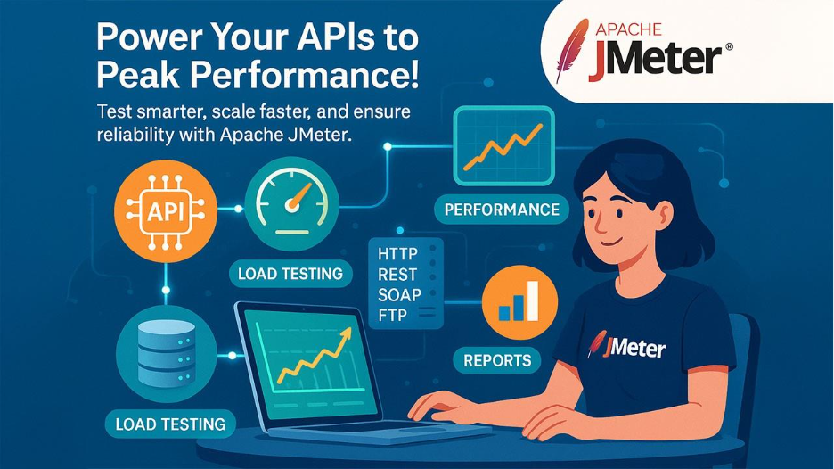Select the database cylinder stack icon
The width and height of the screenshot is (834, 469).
pyautogui.click(x=165, y=350)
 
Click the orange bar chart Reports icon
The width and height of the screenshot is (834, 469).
pyautogui.click(x=519, y=302)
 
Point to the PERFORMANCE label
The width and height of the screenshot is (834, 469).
pyautogui.click(x=502, y=210)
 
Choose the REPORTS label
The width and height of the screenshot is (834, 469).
pyautogui.click(x=497, y=360)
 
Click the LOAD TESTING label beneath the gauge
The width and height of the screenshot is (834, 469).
pyautogui.click(x=290, y=274)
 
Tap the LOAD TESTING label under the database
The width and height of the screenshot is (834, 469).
pyautogui.click(x=169, y=423)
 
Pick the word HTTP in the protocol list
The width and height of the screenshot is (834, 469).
pyautogui.click(x=398, y=254)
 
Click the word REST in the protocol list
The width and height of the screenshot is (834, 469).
pyautogui.click(x=398, y=275)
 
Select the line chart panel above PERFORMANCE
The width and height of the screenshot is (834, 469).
pyautogui.click(x=503, y=140)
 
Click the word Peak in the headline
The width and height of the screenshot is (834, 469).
pyautogui.click(x=134, y=74)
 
